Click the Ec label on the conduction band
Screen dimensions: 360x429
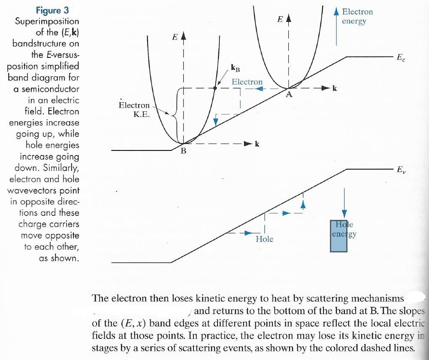pos(400,57)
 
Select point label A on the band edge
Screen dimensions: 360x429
pos(289,95)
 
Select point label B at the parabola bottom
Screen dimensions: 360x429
pos(183,151)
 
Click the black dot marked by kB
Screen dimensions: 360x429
pos(215,88)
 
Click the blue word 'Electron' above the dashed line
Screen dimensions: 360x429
pos(247,81)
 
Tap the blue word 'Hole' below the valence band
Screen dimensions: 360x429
pos(264,239)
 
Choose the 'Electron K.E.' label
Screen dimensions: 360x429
pos(134,109)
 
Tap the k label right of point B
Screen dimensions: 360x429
pos(257,144)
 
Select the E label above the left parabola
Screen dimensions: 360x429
pos(175,37)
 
